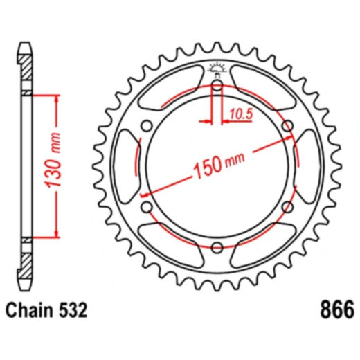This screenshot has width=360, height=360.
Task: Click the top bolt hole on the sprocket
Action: [217, 87]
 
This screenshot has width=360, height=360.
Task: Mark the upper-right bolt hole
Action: [287, 126]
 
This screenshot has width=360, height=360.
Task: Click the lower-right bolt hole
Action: [287, 206]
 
